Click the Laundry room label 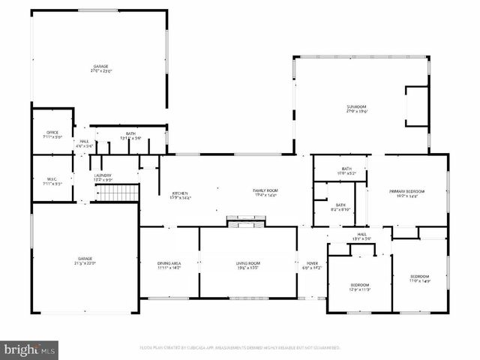pos(103,177)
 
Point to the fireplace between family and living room pos(247,222)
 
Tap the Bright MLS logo pos(29,349)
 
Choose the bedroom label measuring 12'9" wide pos(359,287)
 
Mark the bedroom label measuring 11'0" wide pos(419,278)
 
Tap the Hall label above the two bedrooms pos(361,236)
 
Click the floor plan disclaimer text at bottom pos(239,348)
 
